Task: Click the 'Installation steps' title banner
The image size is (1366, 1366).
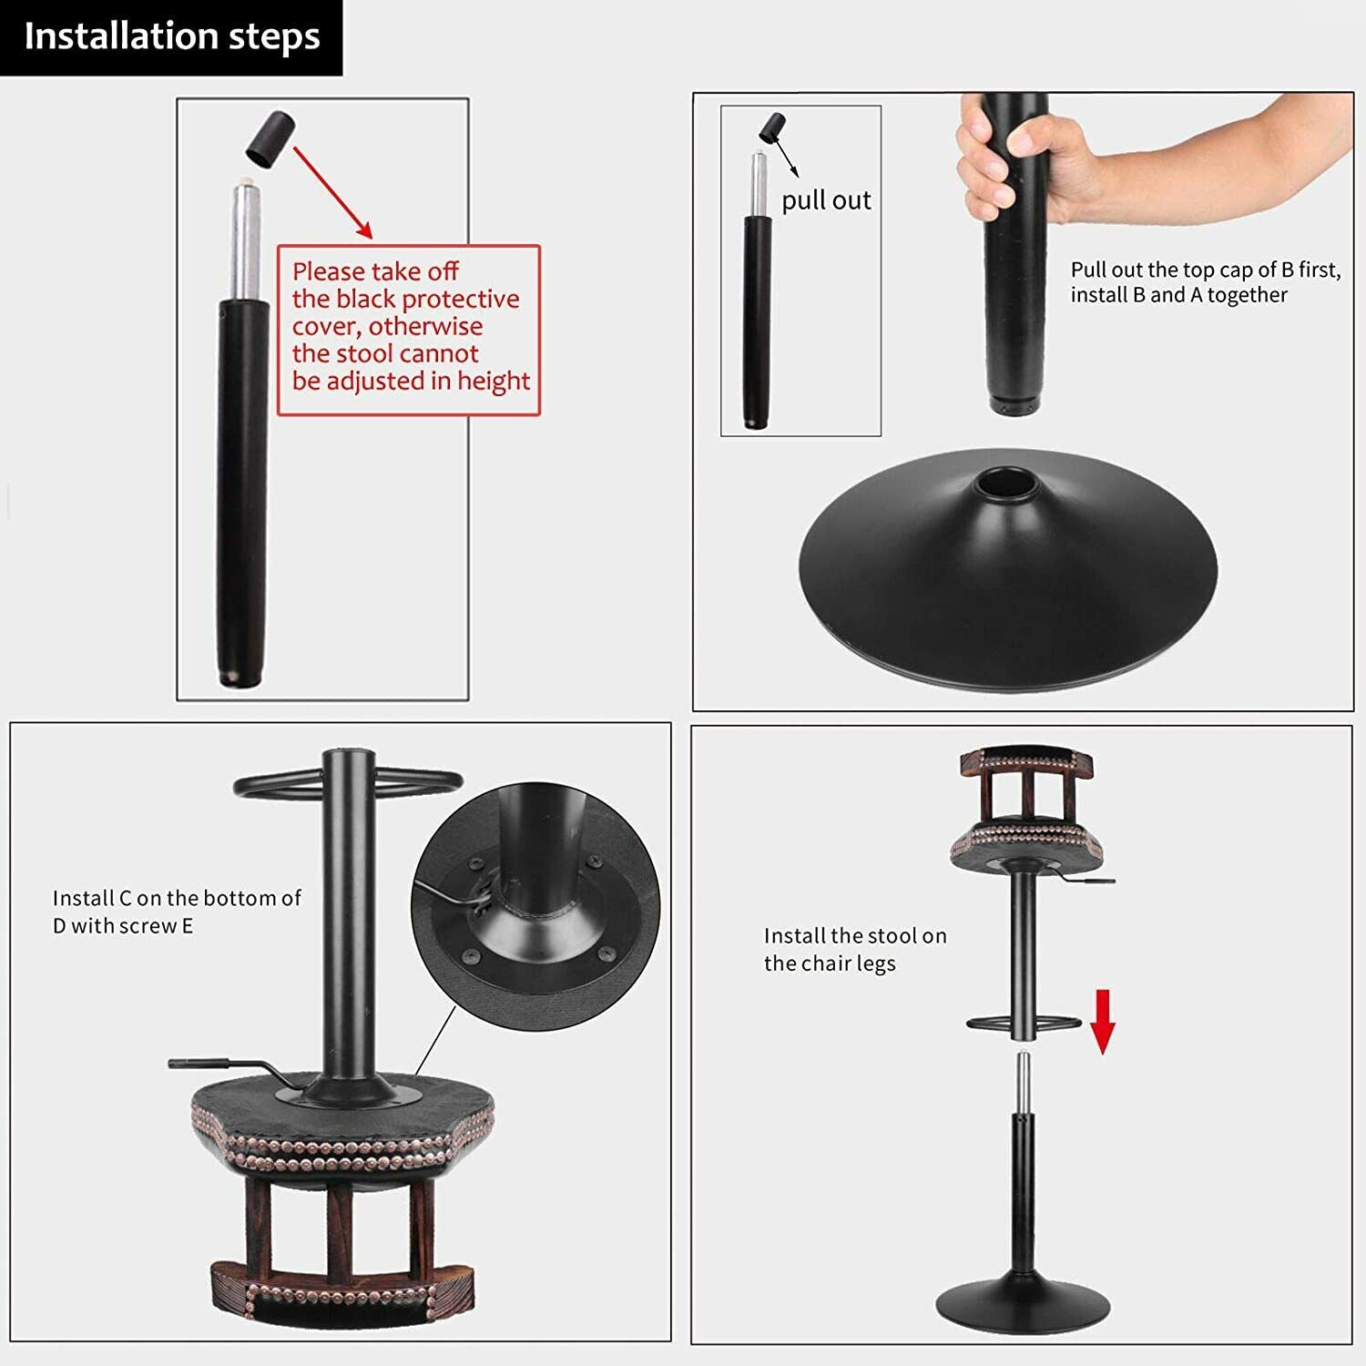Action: (171, 37)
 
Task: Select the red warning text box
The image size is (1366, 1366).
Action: (409, 331)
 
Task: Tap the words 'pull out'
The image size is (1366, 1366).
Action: (826, 200)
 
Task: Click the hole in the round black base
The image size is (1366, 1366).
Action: (1006, 481)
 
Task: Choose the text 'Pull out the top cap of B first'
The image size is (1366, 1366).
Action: (1206, 270)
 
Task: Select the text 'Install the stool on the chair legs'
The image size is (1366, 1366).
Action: (855, 950)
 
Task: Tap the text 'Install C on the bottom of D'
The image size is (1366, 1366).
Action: (177, 912)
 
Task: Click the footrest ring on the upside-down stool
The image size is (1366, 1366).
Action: (348, 782)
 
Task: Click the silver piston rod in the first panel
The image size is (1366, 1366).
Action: (244, 241)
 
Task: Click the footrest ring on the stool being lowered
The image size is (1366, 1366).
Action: (1024, 1024)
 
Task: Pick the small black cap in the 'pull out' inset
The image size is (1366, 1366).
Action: (773, 127)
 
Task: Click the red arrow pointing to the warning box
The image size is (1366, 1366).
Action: (332, 192)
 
